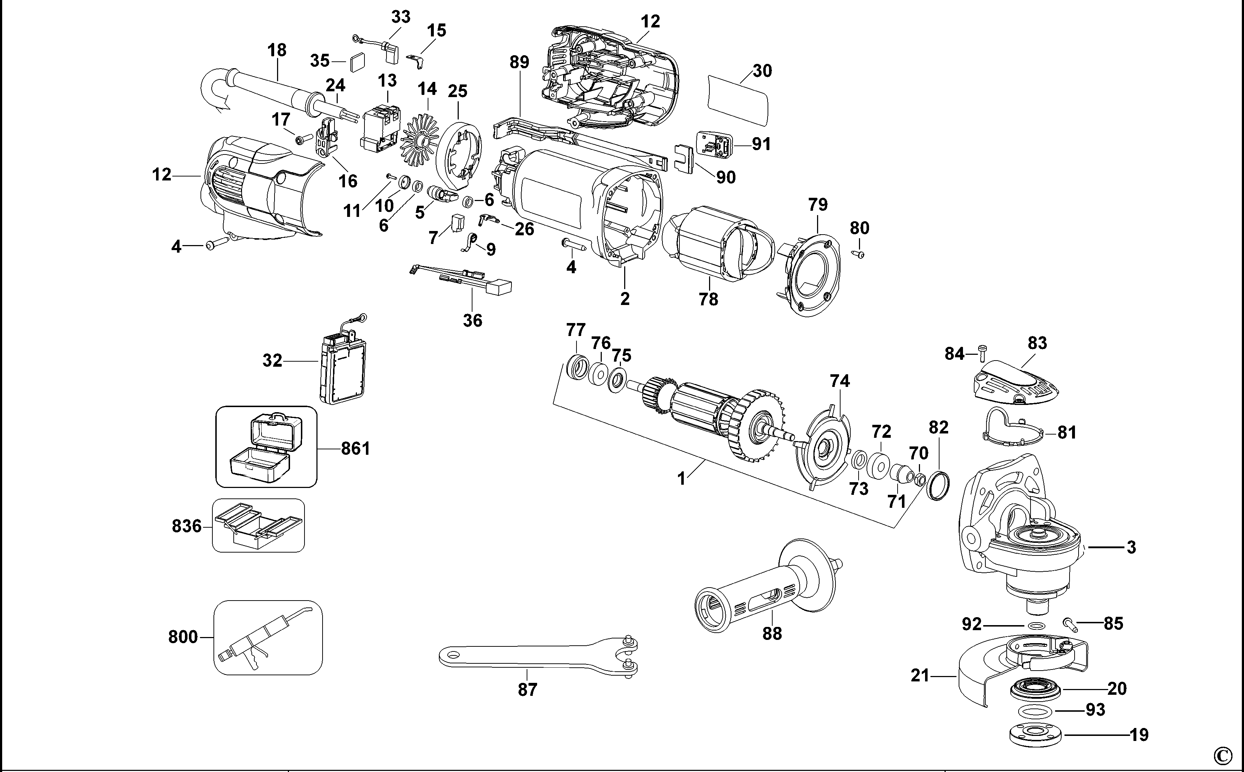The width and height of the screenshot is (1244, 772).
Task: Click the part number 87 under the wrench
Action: pos(527,690)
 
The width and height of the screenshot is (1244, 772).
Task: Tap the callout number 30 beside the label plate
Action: pos(762,71)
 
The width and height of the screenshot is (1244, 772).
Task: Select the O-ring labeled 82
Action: pos(938,487)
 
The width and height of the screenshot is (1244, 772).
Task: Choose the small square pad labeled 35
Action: pos(358,63)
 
